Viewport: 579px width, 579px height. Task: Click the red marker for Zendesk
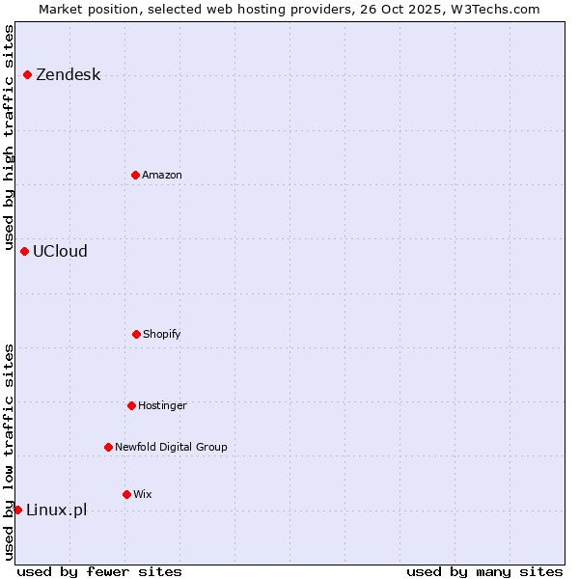tap(27, 74)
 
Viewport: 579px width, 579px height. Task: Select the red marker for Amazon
tap(135, 175)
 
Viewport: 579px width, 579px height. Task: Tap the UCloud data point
tap(24, 251)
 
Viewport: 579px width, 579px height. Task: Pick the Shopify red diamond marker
tap(136, 334)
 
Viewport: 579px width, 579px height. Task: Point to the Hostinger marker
tap(131, 405)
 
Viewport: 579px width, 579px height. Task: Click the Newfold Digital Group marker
tap(108, 447)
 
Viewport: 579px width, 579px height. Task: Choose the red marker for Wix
tap(126, 494)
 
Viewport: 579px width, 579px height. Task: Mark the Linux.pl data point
tap(17, 510)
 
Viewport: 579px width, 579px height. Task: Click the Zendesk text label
tap(68, 75)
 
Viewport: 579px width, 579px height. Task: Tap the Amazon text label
tap(162, 176)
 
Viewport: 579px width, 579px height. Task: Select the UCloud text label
tap(60, 252)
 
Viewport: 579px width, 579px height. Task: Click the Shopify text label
tap(162, 335)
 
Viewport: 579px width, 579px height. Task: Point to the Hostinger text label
tap(162, 406)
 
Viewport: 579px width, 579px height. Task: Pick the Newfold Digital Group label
tap(171, 448)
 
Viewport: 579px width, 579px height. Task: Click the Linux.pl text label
tap(56, 510)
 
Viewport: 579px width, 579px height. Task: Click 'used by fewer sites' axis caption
tap(99, 571)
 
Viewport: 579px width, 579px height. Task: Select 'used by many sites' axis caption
tap(484, 571)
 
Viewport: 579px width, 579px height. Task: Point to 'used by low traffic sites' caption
tap(10, 452)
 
